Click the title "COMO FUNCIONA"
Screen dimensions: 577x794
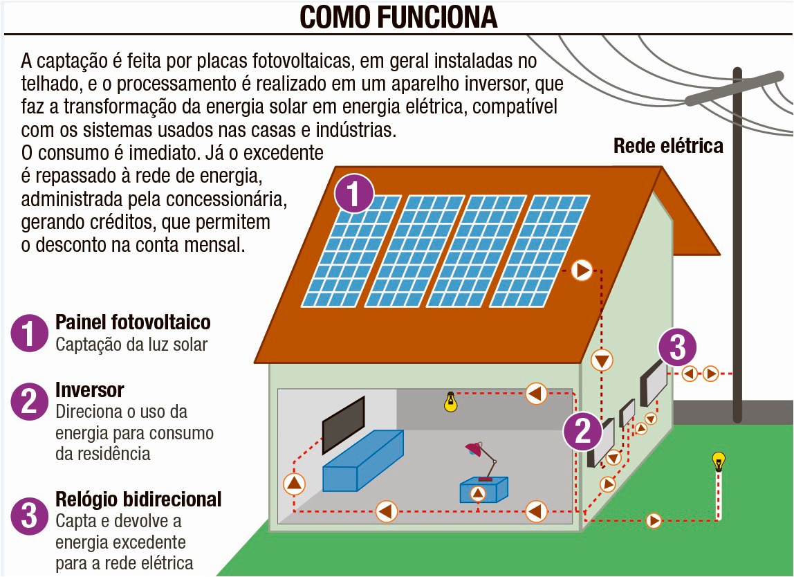coord(398,17)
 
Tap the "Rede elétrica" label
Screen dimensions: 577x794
coord(668,146)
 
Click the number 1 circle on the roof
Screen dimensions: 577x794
coord(354,194)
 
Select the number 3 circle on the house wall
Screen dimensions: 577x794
coord(677,349)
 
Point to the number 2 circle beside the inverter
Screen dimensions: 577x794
coord(583,432)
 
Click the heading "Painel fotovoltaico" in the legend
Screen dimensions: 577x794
coord(133,322)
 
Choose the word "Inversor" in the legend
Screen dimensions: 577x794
coord(90,390)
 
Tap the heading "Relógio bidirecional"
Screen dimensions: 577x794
coord(138,499)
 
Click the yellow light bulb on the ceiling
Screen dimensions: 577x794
coord(451,402)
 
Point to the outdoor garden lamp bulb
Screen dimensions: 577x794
coord(719,461)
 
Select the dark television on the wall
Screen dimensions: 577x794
coord(344,425)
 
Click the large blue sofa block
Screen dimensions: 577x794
coord(363,461)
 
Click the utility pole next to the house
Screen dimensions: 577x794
coord(737,242)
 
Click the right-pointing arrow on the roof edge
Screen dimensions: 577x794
coord(582,270)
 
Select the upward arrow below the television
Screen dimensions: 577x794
coord(295,483)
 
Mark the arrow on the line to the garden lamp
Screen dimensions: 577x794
coord(653,520)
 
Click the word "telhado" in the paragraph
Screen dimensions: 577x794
coord(46,84)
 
